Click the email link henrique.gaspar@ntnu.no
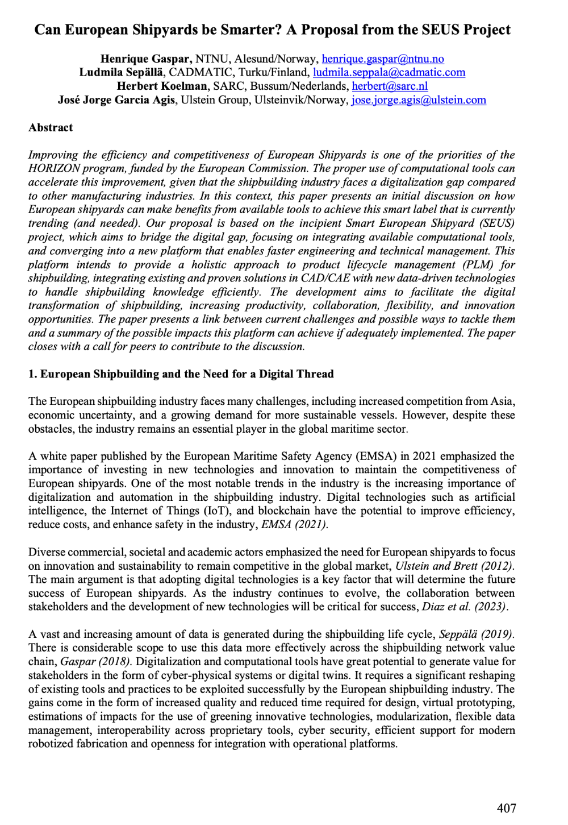click(383, 59)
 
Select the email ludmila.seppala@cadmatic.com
click(389, 73)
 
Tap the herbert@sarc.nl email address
click(390, 86)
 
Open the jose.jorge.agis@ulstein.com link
click(419, 100)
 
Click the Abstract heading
click(51, 127)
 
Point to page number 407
click(506, 808)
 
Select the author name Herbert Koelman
click(162, 86)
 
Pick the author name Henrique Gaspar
click(146, 59)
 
